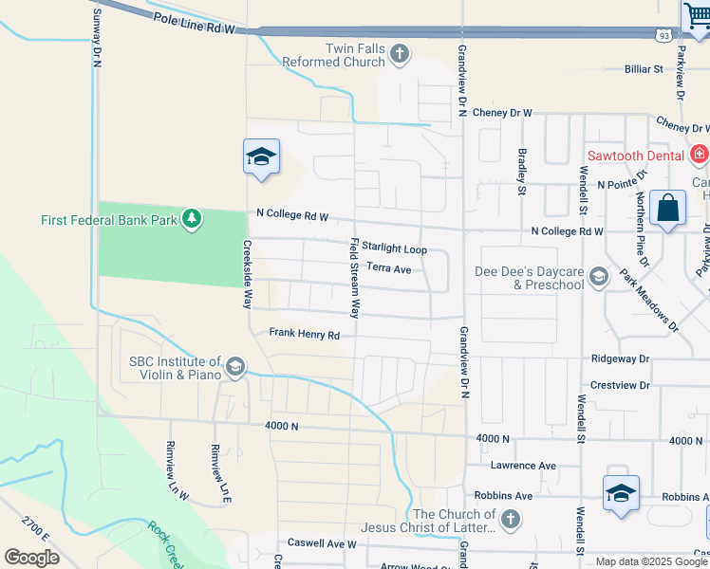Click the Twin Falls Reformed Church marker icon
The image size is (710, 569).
point(400,53)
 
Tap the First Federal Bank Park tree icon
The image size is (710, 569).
point(193,220)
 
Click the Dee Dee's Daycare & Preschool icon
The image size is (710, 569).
point(598,277)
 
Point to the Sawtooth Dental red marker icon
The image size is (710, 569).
point(700,153)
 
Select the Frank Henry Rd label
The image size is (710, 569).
point(304,334)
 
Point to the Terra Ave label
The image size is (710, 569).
point(388,269)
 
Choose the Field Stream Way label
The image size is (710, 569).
point(356,277)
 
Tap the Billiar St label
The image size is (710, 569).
point(643,69)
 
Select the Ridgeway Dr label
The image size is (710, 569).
point(619,359)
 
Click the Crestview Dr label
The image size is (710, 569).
point(619,385)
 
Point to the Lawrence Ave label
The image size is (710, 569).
point(523,466)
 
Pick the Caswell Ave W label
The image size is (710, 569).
point(323,544)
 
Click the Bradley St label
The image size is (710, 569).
point(521,171)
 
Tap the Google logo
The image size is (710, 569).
point(31,557)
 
